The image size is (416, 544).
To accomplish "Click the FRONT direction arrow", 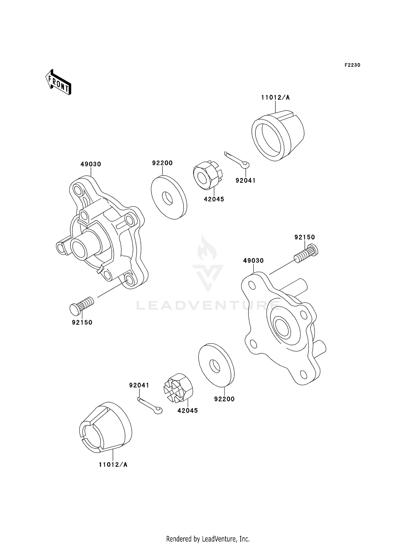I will (x=58, y=82).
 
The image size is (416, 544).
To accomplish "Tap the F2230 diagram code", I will (x=352, y=65).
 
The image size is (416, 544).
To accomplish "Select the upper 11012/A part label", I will (x=275, y=97).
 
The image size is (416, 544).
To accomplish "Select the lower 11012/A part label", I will (x=113, y=465).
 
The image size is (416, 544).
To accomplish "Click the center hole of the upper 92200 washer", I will (x=167, y=198).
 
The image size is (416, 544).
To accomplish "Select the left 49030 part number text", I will (x=91, y=164).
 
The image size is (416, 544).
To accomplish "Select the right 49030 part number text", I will (x=253, y=261).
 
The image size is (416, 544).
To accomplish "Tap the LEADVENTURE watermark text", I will (x=208, y=306).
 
